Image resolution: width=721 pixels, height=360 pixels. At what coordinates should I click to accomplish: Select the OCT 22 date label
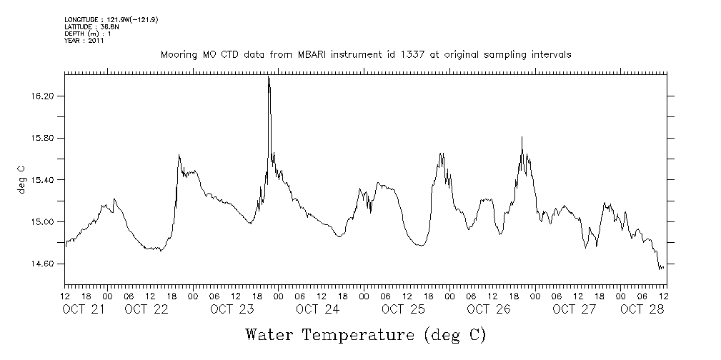(146, 309)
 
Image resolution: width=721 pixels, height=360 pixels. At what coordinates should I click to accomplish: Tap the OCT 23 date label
(232, 309)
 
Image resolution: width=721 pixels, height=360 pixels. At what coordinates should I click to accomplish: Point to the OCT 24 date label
(317, 309)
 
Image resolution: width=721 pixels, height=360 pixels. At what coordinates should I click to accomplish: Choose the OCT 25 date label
(403, 309)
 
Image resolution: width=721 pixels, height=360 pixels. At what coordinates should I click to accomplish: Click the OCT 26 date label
(488, 309)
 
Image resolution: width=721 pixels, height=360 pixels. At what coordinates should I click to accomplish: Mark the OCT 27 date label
(574, 309)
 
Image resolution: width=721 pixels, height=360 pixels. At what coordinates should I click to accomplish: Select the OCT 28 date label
(642, 309)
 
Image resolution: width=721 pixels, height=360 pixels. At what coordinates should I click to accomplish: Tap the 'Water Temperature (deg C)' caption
(365, 334)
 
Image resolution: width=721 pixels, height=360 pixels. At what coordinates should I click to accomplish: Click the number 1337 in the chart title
(392, 54)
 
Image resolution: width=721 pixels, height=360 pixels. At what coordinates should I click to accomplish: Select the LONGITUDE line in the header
(111, 20)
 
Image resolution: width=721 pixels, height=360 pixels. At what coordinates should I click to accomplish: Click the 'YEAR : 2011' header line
(84, 41)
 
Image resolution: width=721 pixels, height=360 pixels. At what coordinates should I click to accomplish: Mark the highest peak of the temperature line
(269, 76)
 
